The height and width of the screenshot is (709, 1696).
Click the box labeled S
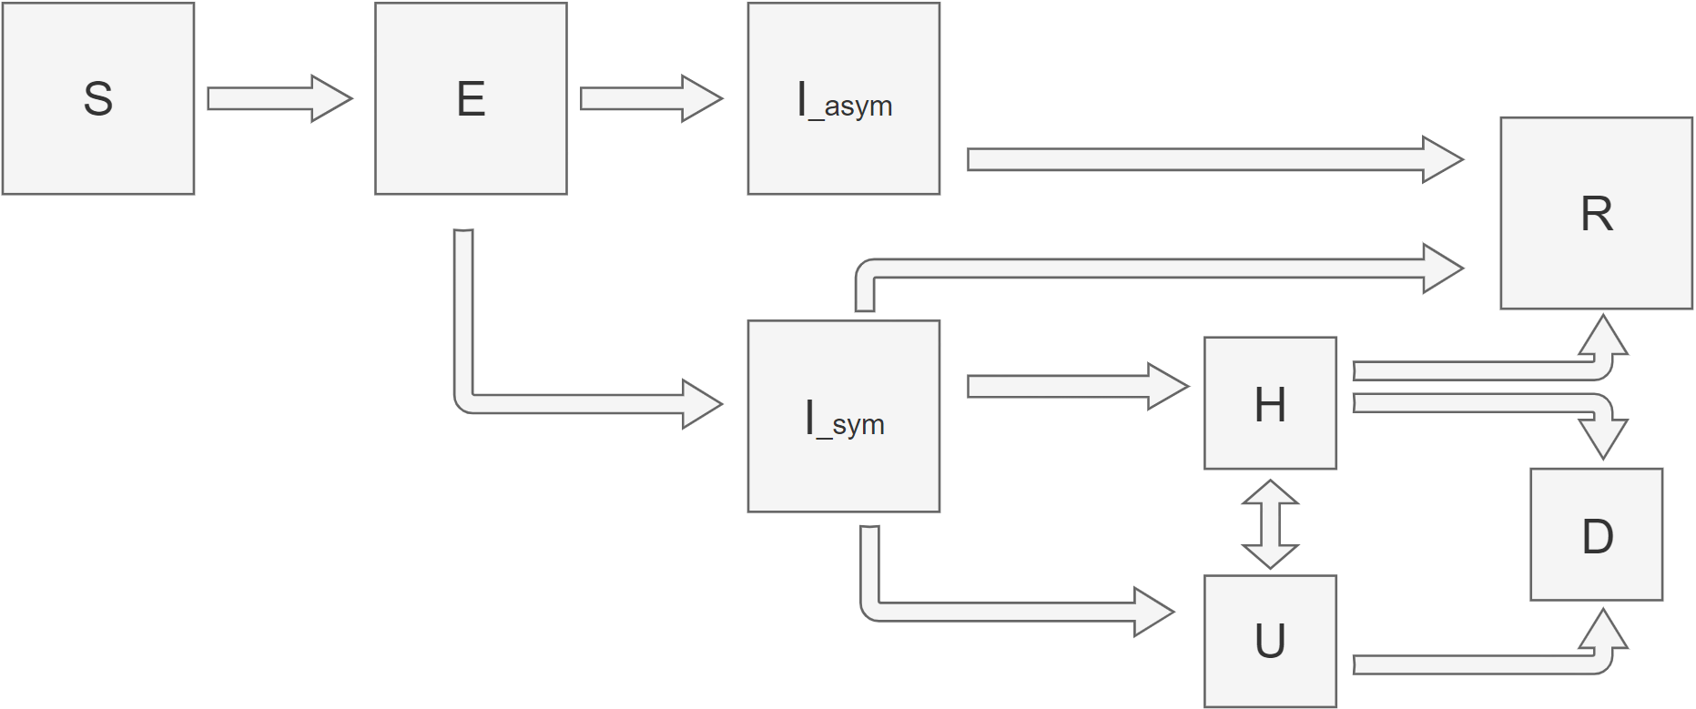click(x=98, y=98)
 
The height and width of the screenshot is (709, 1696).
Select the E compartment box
click(x=471, y=98)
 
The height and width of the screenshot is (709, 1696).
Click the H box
click(x=1270, y=403)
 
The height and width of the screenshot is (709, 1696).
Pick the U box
click(x=1270, y=641)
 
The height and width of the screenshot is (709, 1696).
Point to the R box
click(x=1596, y=213)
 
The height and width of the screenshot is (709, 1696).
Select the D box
click(x=1596, y=534)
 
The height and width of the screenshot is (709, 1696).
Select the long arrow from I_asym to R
click(x=1211, y=160)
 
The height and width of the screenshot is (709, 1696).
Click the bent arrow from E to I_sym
click(x=564, y=404)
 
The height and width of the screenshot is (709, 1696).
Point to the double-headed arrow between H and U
click(x=1270, y=524)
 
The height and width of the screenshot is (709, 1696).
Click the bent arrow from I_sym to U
click(x=1001, y=612)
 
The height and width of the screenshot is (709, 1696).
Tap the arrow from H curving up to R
click(x=1475, y=370)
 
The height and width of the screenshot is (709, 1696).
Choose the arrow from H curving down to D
click(x=1475, y=403)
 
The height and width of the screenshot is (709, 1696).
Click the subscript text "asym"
click(x=858, y=107)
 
